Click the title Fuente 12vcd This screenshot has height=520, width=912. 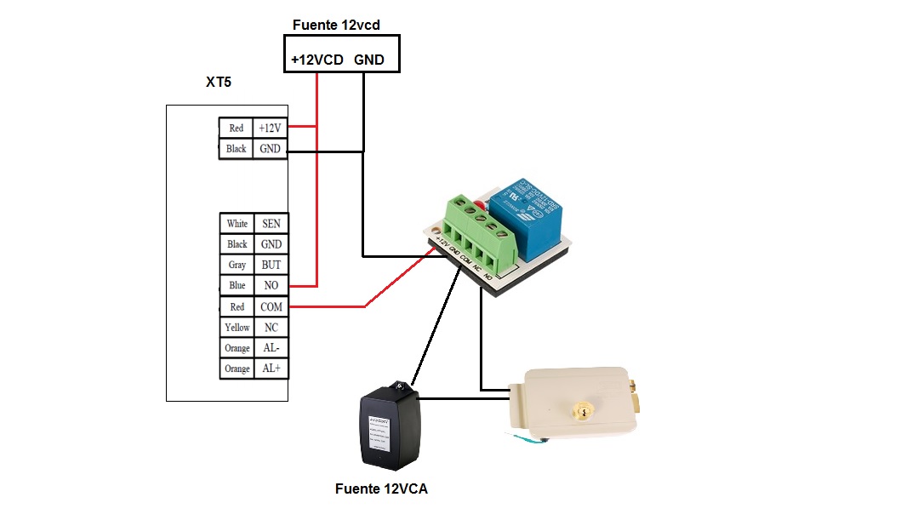pos(336,25)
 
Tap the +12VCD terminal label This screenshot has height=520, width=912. pos(316,60)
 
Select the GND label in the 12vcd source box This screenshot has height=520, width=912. pos(369,60)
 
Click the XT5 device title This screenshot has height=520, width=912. pos(219,83)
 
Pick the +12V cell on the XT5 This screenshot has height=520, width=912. pos(270,128)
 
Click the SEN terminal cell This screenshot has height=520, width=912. pos(271,224)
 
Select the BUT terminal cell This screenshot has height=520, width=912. pos(271,265)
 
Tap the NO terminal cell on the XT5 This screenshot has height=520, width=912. pos(271,285)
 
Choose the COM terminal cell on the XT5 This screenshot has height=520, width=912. pos(271,306)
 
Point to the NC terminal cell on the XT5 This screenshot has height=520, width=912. pos(271,327)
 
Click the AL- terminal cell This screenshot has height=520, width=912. pos(271,348)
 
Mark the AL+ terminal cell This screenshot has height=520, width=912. pos(271,369)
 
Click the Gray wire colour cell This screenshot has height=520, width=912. pos(237,265)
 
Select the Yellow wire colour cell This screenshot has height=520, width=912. pos(237,327)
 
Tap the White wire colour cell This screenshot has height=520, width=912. pos(237,224)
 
